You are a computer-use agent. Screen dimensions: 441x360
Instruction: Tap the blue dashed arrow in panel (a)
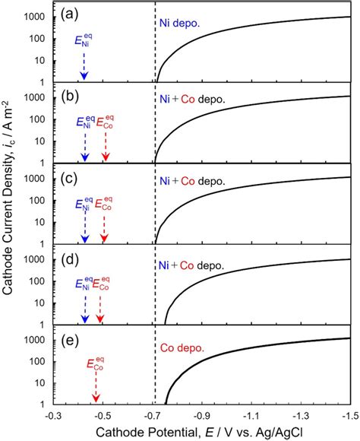[x=84, y=66]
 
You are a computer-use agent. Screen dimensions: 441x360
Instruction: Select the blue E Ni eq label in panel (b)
[x=85, y=122]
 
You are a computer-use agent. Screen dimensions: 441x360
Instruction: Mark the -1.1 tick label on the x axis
[x=253, y=417]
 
